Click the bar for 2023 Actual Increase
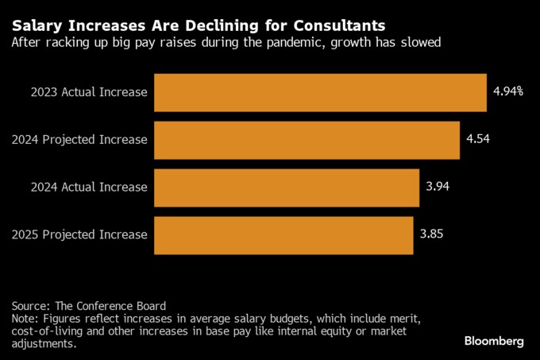320,92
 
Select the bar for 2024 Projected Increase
307,139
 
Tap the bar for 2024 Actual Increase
287,187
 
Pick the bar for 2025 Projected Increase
283,234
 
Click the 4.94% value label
507,92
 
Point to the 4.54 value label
479,139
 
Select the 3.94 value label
438,187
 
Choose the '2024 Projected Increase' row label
80,139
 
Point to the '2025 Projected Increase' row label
80,234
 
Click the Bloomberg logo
494,341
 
